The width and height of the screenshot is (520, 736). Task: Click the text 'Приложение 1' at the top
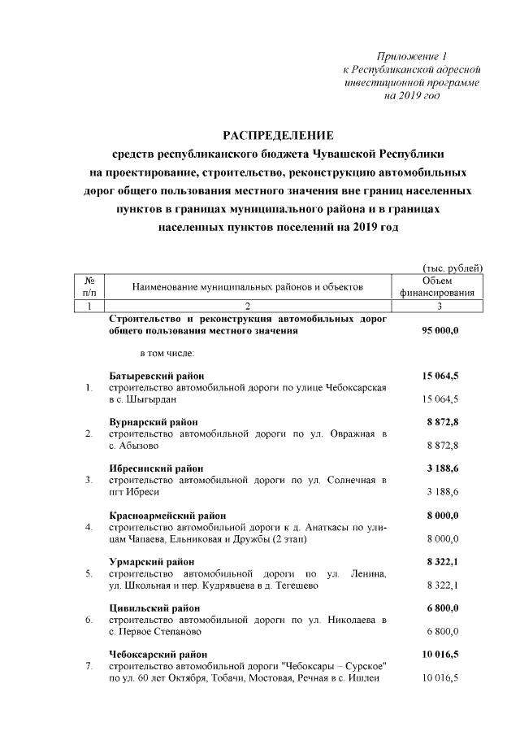413,56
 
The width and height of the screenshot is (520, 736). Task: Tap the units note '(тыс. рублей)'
453,268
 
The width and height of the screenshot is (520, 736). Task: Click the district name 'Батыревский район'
156,375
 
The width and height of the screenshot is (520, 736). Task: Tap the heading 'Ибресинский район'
156,468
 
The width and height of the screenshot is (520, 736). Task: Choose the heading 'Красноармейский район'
167,515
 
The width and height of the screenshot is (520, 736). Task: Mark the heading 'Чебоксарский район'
158,654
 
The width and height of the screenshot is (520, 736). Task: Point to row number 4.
89,527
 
